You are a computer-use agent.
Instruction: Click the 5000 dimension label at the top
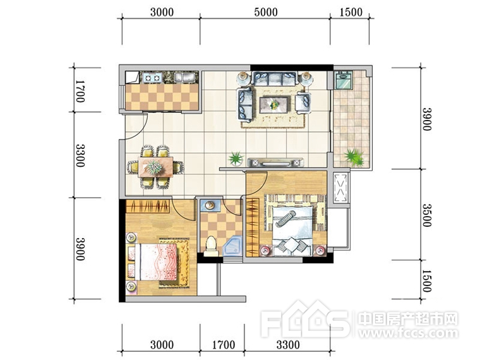[x=266, y=12]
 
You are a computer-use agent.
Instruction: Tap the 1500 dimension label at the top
[x=351, y=12]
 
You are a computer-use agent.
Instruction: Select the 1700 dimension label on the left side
[x=80, y=91]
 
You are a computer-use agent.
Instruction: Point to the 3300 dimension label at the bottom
[x=288, y=345]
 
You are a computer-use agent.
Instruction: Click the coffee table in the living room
[x=273, y=105]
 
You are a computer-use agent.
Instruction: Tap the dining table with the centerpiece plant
[x=155, y=167]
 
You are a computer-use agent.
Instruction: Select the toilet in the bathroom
[x=211, y=246]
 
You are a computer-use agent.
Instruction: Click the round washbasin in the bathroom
[x=210, y=205]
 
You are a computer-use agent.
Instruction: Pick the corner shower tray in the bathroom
[x=232, y=246]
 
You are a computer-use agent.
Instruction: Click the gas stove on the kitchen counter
[x=152, y=78]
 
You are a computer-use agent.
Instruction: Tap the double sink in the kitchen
[x=185, y=78]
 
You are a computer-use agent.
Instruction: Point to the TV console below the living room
[x=275, y=162]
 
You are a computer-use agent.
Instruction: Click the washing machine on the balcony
[x=344, y=80]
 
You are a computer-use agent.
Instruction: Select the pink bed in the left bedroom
[x=158, y=262]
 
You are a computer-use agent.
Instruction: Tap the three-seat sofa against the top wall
[x=275, y=79]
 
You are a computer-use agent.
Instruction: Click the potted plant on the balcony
[x=354, y=157]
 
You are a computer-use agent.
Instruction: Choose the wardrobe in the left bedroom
[x=148, y=207]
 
